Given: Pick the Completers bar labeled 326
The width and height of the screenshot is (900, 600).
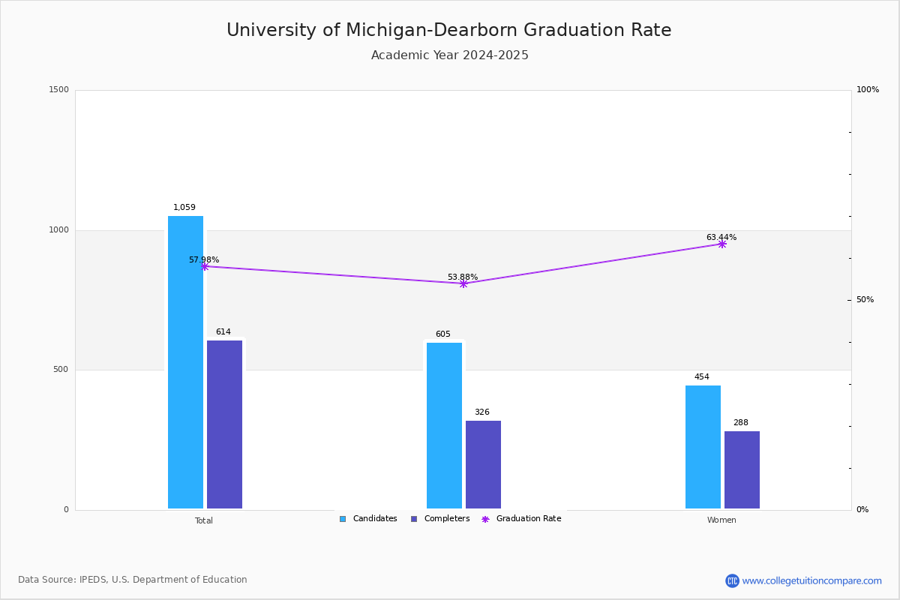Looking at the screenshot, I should tap(483, 464).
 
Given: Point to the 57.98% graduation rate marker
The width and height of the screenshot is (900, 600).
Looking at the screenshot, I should tap(205, 266).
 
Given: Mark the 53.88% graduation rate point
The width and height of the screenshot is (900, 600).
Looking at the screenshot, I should tap(463, 283).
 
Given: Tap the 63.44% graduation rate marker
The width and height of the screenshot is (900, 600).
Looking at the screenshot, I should tap(722, 244).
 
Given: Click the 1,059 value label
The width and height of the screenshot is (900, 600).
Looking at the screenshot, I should tap(184, 208).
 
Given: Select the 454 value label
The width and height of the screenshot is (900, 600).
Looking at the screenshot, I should tap(702, 377).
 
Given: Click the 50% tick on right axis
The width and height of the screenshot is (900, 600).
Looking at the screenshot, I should tap(865, 300).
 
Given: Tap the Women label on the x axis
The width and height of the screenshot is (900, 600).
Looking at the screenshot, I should tap(721, 520).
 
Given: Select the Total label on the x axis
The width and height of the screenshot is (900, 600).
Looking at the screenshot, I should tap(204, 520).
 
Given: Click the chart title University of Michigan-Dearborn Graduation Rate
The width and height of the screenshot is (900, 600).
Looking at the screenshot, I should tap(449, 31).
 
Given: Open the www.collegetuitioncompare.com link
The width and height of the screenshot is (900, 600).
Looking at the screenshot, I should tap(811, 580).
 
